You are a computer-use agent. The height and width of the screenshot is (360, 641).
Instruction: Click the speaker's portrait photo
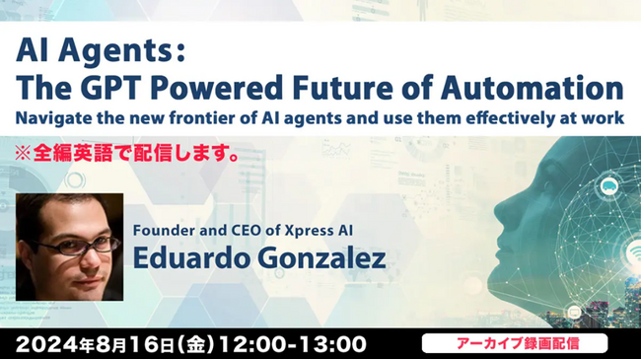pos(70,247)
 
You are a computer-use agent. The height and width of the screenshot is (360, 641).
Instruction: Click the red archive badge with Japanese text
pos(514,343)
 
